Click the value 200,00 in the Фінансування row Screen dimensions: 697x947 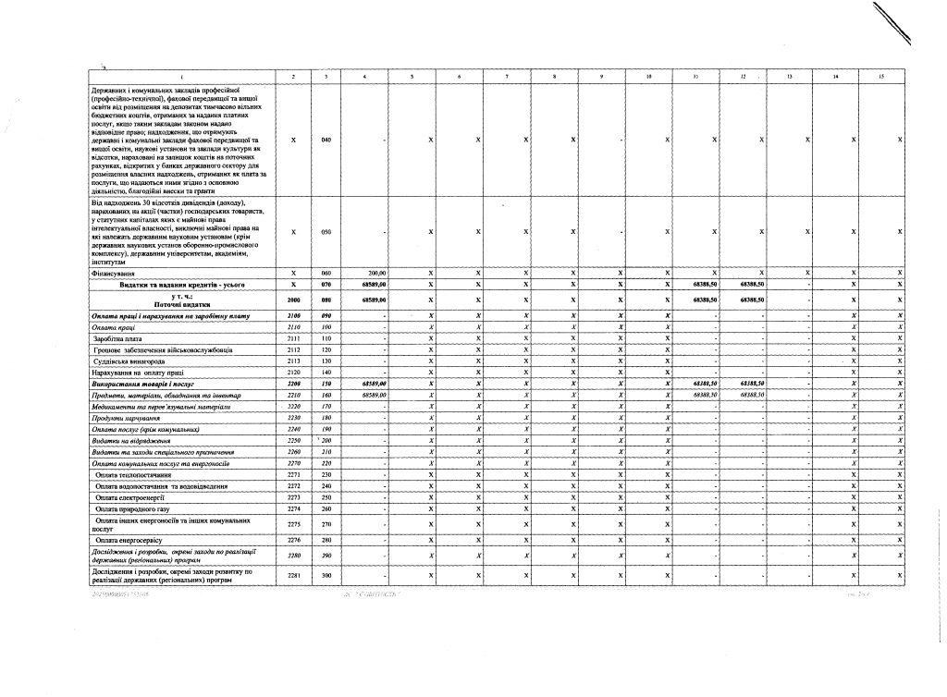(375, 275)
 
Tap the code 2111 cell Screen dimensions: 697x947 (293, 339)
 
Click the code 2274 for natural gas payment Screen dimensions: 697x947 (293, 508)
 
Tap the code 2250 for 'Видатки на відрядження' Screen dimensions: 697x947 (293, 441)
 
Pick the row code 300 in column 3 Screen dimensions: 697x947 (326, 577)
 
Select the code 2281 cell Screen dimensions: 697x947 (293, 577)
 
